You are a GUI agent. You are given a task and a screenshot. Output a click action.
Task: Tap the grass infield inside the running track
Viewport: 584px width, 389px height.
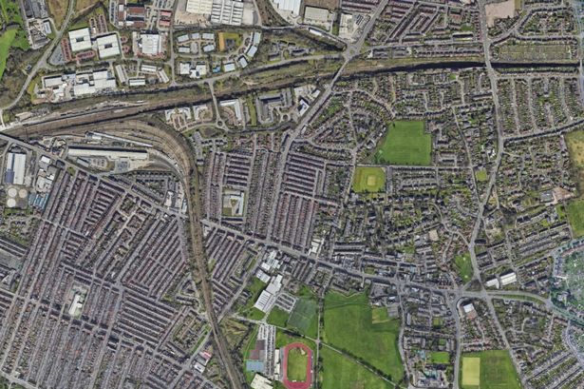click(x=297, y=364)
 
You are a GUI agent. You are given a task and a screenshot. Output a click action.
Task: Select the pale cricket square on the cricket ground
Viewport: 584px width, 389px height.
click(x=368, y=178)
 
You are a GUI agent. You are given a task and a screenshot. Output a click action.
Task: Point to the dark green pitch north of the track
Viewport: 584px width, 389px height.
click(x=303, y=315)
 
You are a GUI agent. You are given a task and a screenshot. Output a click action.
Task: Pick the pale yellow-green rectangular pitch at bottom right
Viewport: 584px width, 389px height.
click(x=471, y=371)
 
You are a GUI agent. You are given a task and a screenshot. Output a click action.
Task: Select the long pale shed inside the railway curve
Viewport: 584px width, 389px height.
click(x=106, y=153)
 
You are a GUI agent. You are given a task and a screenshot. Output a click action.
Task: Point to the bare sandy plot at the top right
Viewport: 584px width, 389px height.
click(x=499, y=10)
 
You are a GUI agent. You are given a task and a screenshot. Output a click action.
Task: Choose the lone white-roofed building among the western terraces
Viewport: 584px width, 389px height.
click(x=75, y=304)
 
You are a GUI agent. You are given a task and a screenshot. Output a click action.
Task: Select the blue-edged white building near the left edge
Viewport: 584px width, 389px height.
click(x=17, y=168)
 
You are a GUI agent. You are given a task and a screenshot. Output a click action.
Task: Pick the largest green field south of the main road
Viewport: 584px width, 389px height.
click(x=361, y=328)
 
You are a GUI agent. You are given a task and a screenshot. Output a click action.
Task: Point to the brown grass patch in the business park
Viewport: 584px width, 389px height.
click(x=229, y=40)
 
